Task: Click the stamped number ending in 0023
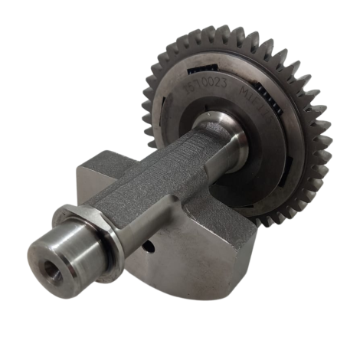point(205,87)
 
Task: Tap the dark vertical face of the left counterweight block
point(86,188)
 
